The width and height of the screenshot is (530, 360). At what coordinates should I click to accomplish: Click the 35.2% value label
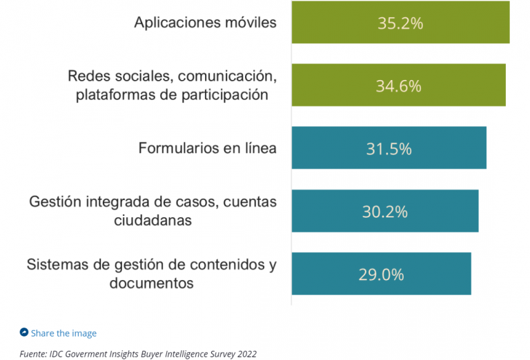point(400,23)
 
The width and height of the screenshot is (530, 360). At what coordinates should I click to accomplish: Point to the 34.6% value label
point(398,86)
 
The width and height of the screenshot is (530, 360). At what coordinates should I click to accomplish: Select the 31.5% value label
point(389,149)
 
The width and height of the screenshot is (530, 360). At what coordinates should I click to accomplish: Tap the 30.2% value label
point(384,212)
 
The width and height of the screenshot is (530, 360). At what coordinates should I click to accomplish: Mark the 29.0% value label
point(381,274)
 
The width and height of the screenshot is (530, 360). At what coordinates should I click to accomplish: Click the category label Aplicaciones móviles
point(205,22)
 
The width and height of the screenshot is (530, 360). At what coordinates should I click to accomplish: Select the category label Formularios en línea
point(207,148)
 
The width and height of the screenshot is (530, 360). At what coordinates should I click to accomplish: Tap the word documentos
point(151,283)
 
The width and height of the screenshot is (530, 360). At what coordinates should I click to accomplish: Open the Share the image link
point(63,333)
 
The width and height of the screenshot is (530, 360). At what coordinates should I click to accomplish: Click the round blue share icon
point(24,332)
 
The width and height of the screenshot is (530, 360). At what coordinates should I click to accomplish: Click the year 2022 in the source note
point(246,354)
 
